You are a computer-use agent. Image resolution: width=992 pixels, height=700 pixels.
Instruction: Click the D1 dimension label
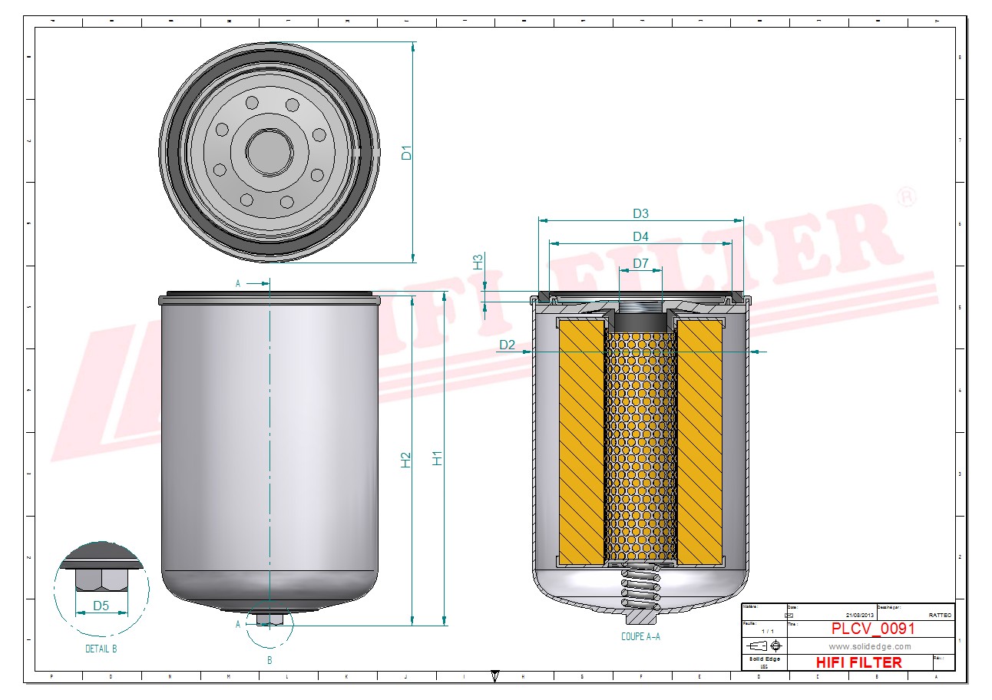click(x=407, y=153)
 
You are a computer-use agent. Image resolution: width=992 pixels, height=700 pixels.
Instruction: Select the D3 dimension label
click(x=640, y=213)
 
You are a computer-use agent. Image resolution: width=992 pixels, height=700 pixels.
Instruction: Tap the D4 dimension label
click(x=640, y=236)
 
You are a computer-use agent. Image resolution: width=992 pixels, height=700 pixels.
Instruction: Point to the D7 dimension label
click(x=640, y=265)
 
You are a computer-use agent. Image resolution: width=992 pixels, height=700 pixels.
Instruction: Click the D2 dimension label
click(x=508, y=345)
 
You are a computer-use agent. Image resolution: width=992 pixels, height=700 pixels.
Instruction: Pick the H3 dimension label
click(x=478, y=261)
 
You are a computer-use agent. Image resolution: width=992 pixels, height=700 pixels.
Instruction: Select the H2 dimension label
click(x=406, y=459)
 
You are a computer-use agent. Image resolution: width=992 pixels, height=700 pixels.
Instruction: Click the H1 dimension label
click(x=438, y=458)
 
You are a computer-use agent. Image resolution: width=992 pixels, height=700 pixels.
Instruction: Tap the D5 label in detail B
click(x=101, y=606)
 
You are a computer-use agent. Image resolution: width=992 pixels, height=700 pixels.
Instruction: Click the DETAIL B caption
click(x=101, y=649)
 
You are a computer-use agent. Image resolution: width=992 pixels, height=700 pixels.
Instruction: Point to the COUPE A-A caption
click(x=640, y=636)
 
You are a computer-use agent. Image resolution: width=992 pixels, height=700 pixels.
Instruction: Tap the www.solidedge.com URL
click(x=870, y=646)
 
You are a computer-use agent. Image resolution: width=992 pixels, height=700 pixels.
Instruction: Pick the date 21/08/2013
click(x=860, y=616)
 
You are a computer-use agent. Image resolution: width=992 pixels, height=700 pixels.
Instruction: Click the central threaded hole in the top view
click(x=269, y=151)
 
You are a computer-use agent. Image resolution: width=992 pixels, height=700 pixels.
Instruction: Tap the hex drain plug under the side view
click(x=269, y=618)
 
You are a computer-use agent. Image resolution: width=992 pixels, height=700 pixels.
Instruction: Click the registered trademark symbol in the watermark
click(x=906, y=196)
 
